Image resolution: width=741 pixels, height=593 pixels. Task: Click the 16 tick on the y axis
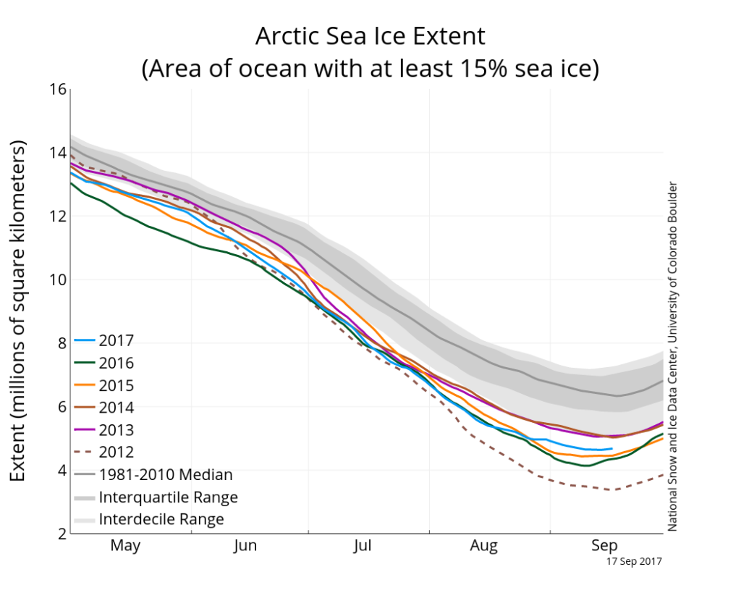pos(58,90)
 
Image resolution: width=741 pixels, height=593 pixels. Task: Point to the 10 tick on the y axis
pos(58,279)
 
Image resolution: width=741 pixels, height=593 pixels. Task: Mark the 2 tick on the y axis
pos(62,534)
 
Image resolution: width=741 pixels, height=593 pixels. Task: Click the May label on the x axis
pos(125,545)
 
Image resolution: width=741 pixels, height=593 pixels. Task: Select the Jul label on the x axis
pos(362,545)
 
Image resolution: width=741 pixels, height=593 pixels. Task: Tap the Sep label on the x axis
pos(604,545)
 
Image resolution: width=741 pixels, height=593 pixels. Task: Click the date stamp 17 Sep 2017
pos(633,560)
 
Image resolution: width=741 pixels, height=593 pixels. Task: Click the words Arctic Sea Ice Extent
pos(370,36)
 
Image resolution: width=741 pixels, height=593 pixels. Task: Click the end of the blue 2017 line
pos(612,449)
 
